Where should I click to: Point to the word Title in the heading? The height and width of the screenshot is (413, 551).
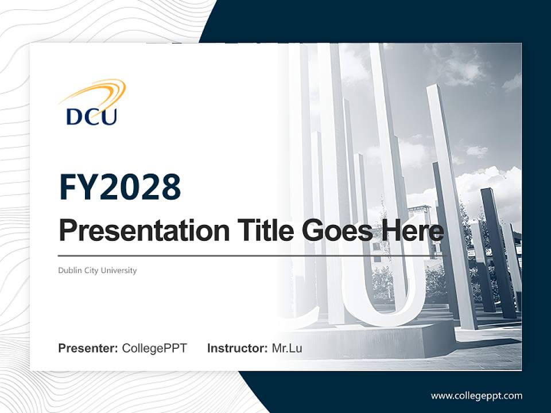pos(263,231)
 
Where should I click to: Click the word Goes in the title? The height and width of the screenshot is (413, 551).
pos(335,231)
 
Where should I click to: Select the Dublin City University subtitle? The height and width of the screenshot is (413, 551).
pos(97,270)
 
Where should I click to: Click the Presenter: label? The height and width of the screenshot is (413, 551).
pos(88,348)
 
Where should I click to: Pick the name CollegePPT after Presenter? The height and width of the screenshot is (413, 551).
pos(154,348)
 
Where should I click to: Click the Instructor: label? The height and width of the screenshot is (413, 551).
pos(237,348)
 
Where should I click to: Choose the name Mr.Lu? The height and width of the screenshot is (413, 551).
pos(287,348)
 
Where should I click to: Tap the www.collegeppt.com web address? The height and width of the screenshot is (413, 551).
pos(476,395)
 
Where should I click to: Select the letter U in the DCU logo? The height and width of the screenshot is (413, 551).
pos(108,116)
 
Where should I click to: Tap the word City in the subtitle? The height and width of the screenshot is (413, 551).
pos(90,270)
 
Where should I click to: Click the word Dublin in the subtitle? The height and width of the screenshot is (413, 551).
pos(69,270)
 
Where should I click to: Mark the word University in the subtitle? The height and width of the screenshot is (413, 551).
pos(119,270)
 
